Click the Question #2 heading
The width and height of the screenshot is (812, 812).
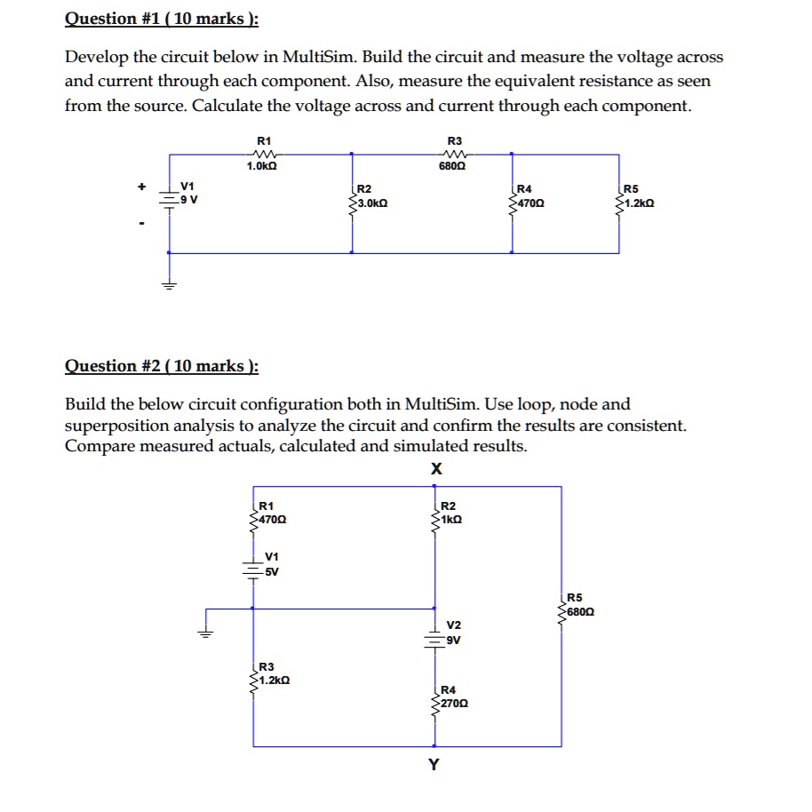tap(161, 366)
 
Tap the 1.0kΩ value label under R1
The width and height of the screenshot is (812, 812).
tap(263, 167)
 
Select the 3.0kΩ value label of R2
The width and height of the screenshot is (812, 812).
tap(370, 203)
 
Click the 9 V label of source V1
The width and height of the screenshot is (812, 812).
tap(189, 199)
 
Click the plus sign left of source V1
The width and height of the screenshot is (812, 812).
tap(139, 187)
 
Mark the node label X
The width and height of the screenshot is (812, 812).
tap(435, 470)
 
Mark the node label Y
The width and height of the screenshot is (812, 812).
tap(433, 764)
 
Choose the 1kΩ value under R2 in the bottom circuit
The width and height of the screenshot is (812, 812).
tap(451, 519)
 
